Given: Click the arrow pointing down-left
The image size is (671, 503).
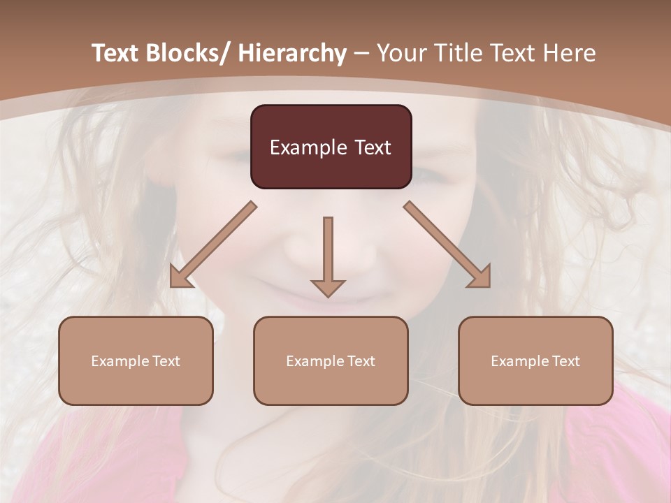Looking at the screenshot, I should coord(213,245).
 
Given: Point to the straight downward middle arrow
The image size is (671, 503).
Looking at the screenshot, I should coord(328,251).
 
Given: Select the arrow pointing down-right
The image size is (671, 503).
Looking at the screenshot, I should coord(447,245).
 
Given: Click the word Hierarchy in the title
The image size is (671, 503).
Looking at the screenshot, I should coord(292,53).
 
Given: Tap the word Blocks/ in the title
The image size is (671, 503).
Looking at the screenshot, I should coord(191,53).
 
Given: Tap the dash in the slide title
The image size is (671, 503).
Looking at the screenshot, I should coord(361,53).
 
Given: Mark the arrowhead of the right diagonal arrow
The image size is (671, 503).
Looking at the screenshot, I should coord(482,279).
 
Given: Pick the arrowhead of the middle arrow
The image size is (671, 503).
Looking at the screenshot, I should coord(328,287).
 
